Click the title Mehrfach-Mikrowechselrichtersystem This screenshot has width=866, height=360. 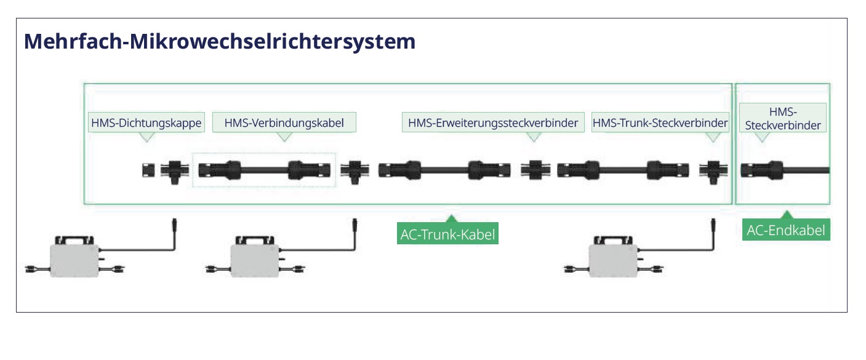(220, 42)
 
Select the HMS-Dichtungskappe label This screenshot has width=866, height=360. (146, 123)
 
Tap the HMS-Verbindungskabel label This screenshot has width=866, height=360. (284, 122)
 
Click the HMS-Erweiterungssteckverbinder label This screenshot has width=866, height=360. (493, 122)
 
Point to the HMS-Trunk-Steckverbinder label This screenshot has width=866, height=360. (660, 122)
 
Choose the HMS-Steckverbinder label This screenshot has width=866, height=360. (783, 118)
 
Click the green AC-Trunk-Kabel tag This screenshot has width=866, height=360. (447, 234)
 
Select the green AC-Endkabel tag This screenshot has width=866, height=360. (786, 231)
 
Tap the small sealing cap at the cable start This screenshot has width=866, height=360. (148, 170)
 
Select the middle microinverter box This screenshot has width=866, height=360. (253, 260)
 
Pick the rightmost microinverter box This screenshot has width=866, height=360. (612, 260)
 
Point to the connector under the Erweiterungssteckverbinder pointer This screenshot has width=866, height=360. (534, 170)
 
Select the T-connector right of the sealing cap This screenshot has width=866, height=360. (174, 172)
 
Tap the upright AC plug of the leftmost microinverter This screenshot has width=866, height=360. (174, 225)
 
